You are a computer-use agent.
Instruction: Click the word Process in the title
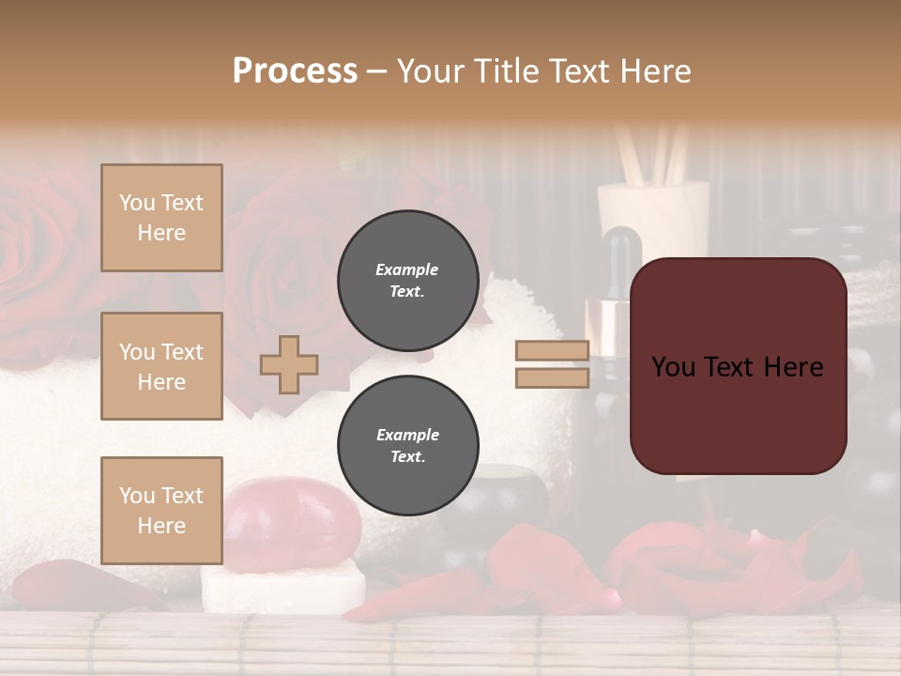tap(295, 71)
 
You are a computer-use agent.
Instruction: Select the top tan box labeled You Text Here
tap(161, 218)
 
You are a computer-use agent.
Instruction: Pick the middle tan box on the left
tap(161, 366)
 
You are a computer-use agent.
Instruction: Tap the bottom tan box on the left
tap(161, 510)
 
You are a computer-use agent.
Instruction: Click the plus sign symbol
tap(289, 364)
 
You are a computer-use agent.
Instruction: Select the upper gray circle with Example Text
tap(407, 281)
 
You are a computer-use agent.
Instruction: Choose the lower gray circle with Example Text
tap(407, 446)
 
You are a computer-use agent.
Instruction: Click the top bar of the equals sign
tap(552, 351)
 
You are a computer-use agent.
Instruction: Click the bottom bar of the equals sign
tap(552, 377)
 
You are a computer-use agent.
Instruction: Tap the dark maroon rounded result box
tap(738, 366)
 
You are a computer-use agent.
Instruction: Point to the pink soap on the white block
tap(291, 521)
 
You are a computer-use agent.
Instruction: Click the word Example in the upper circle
tap(407, 269)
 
